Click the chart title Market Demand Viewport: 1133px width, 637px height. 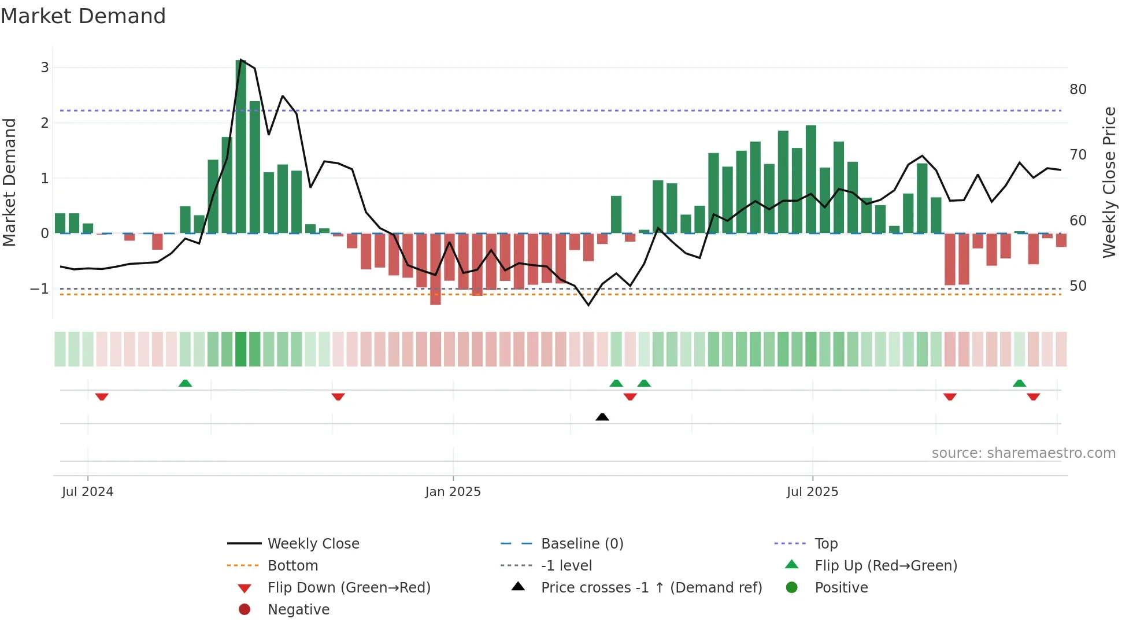pos(83,16)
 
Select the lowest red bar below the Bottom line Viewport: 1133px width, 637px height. pos(435,269)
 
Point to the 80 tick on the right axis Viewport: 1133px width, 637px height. pos(1078,90)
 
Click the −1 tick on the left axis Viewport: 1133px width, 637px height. pos(39,288)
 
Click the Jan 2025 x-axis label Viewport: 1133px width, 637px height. pos(453,492)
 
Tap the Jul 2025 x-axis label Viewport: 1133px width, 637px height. pos(812,492)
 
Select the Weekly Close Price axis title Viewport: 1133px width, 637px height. pos(1109,182)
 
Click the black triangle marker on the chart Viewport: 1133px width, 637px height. pos(602,417)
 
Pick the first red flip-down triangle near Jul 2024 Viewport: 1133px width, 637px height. pos(102,397)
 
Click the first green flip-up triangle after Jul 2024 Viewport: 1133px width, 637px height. pos(185,383)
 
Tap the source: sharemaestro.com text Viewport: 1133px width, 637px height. pos(1023,453)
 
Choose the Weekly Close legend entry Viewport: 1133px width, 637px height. pos(313,544)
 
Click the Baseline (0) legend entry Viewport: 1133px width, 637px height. pos(582,544)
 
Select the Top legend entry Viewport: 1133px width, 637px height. pos(826,544)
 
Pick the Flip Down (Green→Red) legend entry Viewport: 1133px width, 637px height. pos(349,588)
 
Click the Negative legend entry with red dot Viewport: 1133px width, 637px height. pos(298,610)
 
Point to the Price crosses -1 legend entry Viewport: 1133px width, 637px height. pos(651,588)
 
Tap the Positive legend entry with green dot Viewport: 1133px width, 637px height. pos(841,588)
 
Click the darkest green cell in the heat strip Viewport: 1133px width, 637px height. pos(241,349)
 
